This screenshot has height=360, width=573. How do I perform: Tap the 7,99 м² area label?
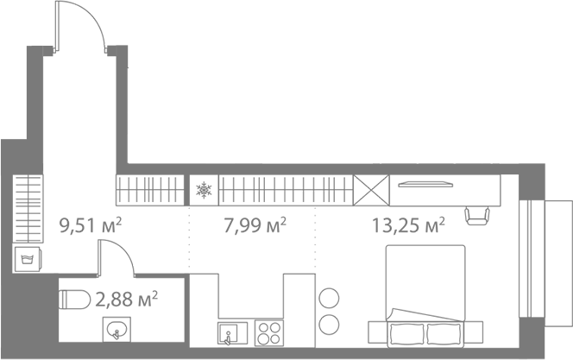pos(255,226)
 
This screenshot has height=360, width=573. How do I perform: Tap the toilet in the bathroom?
pos(76,299)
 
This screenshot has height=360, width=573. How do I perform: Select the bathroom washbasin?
pos(115,329)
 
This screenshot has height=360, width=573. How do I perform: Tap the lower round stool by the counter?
pos(330,325)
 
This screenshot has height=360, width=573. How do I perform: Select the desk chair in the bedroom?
pos(477,214)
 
